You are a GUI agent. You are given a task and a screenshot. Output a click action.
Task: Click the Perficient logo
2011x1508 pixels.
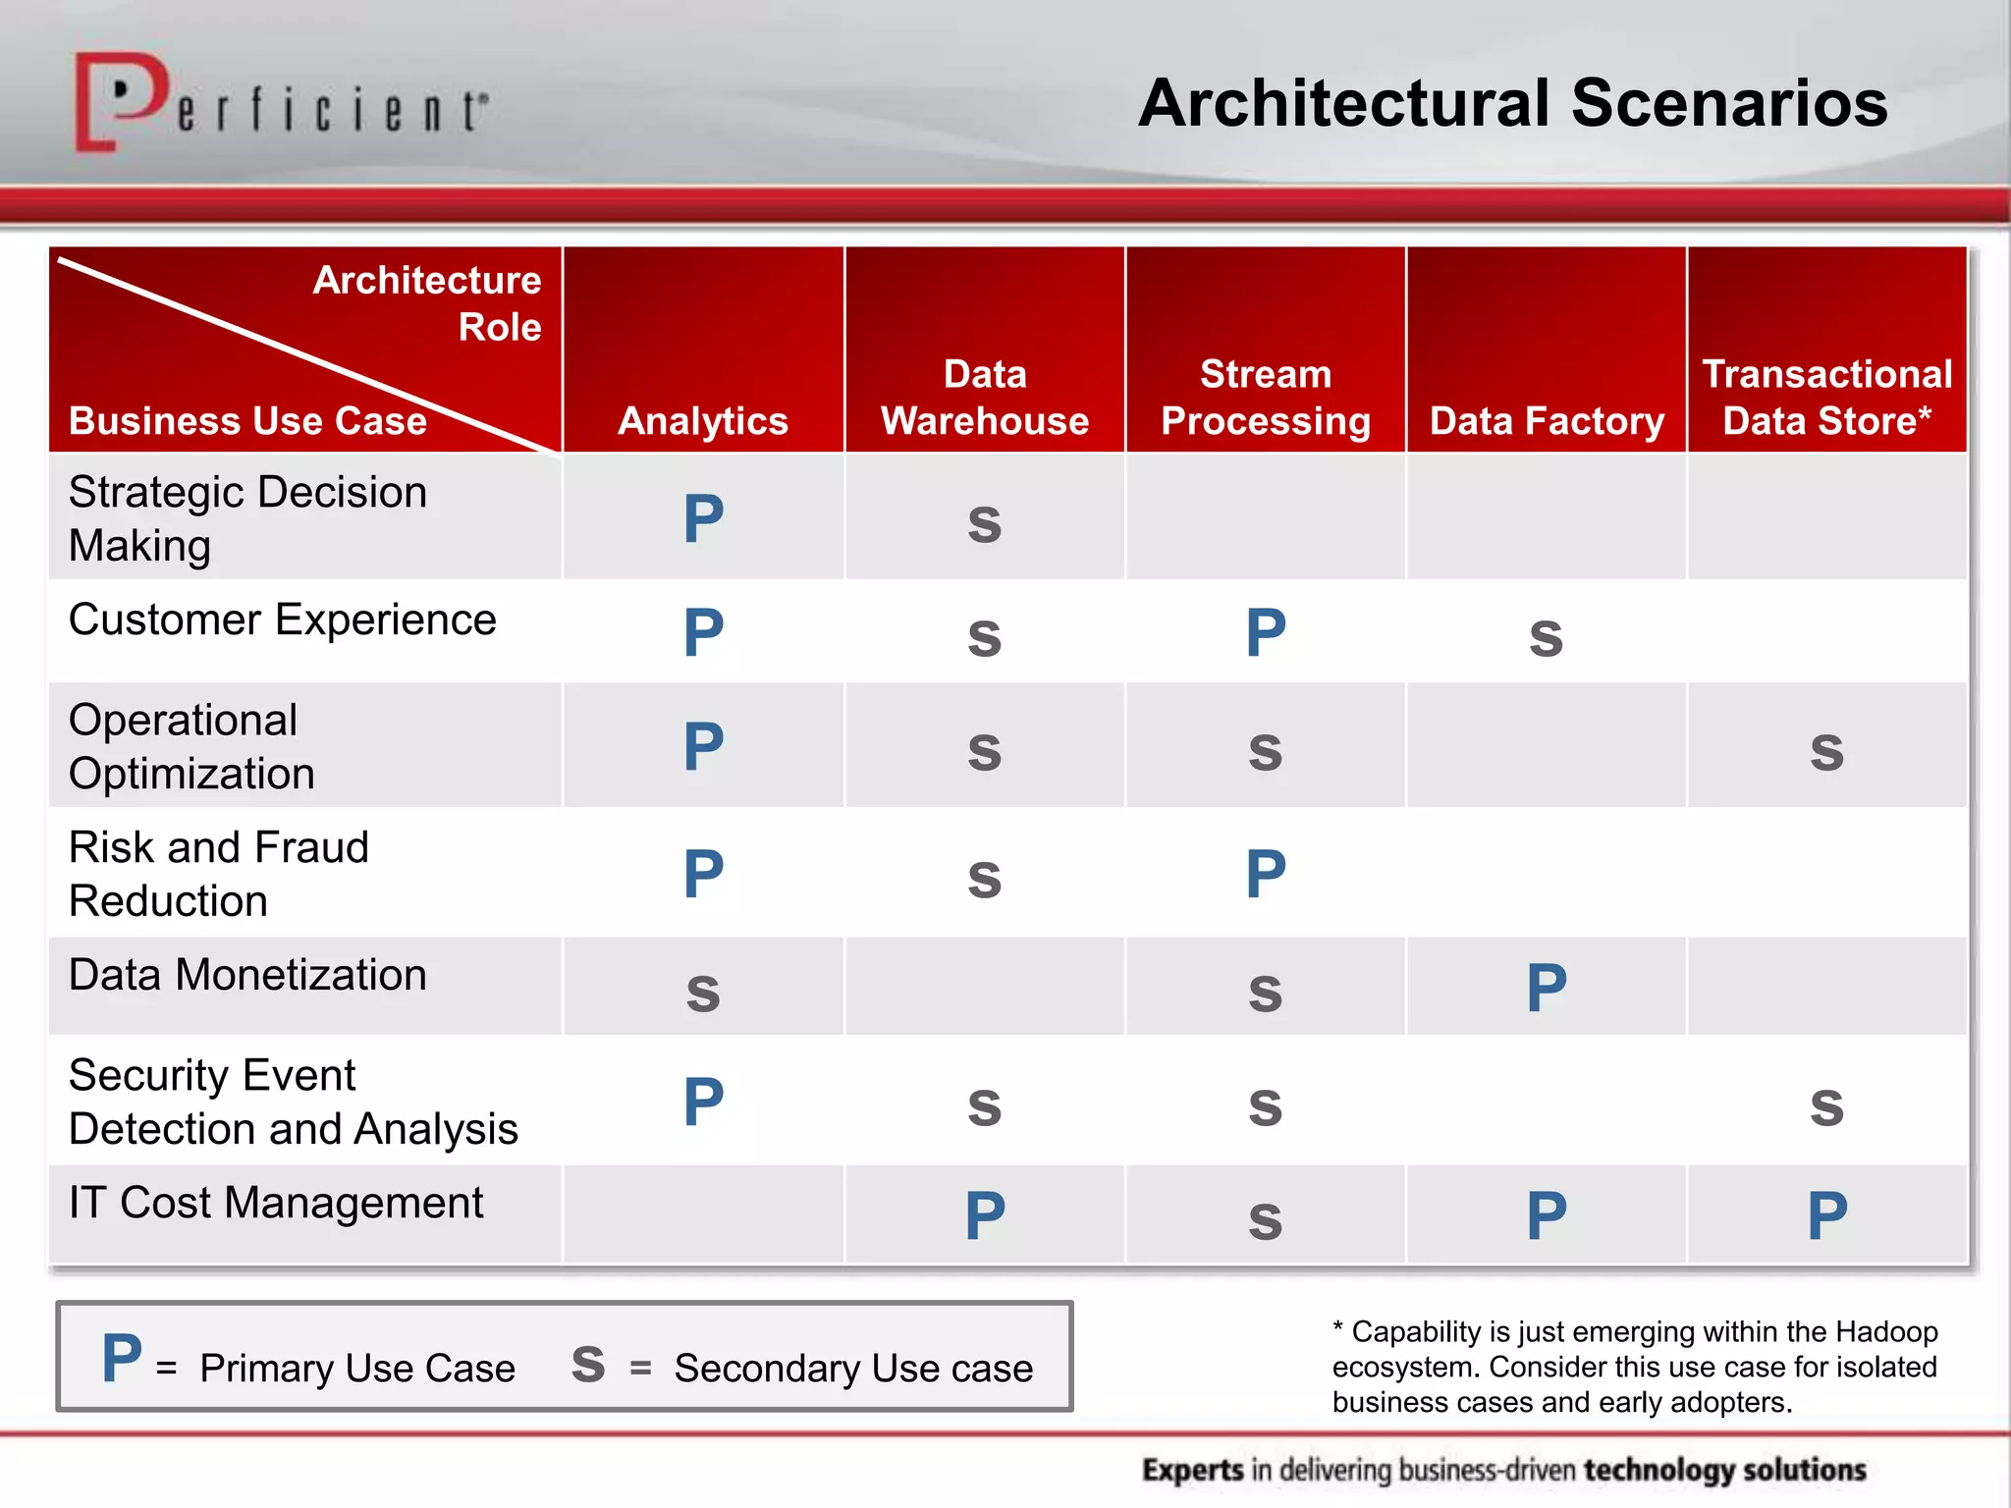(x=280, y=103)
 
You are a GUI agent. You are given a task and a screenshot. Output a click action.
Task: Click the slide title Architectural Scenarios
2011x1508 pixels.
(x=1512, y=103)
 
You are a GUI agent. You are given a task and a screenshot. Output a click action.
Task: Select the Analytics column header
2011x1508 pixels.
(x=703, y=421)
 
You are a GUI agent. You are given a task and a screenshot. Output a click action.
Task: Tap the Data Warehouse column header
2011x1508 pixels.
(x=984, y=398)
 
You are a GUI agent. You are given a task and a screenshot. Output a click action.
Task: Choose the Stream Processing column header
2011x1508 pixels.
(x=1265, y=398)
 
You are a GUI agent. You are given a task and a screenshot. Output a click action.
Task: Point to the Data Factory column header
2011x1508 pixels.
(x=1547, y=421)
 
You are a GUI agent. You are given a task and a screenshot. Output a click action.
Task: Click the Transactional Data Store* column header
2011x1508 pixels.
(x=1826, y=398)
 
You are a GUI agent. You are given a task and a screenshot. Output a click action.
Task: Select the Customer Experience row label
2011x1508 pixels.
(x=283, y=620)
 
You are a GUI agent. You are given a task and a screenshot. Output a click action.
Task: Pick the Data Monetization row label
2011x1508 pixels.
(x=247, y=975)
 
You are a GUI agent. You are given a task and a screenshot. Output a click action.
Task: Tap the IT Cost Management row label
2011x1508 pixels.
(x=276, y=1203)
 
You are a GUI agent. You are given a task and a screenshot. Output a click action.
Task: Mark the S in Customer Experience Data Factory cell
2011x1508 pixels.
(x=1546, y=638)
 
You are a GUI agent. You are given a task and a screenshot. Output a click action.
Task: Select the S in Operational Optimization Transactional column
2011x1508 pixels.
(x=1826, y=752)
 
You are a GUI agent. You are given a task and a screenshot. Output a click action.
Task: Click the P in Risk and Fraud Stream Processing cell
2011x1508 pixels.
(x=1265, y=874)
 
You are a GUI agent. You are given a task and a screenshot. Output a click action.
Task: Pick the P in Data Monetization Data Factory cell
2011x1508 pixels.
(x=1547, y=988)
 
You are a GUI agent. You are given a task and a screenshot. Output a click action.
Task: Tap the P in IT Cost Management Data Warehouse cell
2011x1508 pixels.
(x=985, y=1215)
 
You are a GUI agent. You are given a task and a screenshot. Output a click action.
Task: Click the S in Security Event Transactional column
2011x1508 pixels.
(x=1826, y=1107)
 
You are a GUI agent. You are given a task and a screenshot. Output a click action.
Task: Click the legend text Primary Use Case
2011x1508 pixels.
(x=357, y=1368)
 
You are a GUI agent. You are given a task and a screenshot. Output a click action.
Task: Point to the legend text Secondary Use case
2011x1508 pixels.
(x=853, y=1368)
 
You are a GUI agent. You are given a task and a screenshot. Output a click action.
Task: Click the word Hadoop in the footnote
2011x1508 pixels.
(x=1886, y=1332)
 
